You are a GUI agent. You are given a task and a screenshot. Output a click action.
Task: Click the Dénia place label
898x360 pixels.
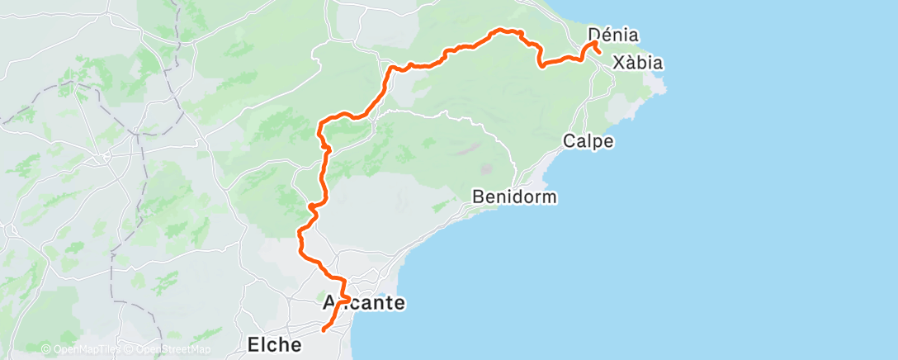click(615, 35)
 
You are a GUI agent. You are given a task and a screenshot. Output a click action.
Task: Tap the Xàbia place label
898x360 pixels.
click(639, 63)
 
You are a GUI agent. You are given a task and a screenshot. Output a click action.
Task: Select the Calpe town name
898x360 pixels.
click(588, 141)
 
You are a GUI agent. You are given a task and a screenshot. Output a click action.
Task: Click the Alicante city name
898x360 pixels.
click(363, 303)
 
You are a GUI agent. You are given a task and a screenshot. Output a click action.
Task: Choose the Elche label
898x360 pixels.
click(274, 344)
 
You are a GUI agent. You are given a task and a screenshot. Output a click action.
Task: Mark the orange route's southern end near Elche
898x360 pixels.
click(322, 330)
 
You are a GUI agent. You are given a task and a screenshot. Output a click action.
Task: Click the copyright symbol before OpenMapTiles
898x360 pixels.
click(46, 350)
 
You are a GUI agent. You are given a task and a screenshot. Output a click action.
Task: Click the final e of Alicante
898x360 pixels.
click(399, 303)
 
